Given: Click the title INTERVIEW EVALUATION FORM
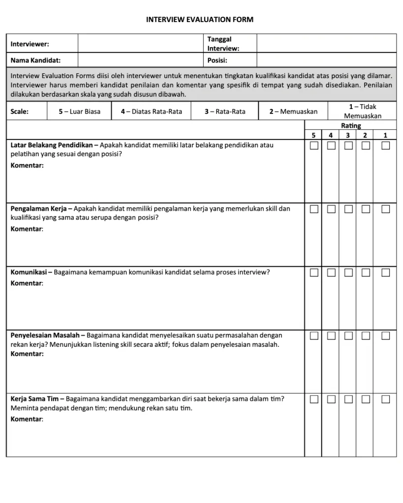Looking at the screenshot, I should click(x=200, y=20).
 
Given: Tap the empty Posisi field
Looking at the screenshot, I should click(x=326, y=60).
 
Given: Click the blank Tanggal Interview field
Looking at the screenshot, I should click(x=326, y=43).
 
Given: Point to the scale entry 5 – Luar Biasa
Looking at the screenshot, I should click(x=79, y=112).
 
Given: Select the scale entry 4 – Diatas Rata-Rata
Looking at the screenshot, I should click(x=151, y=112).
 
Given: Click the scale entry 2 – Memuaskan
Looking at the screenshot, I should click(x=293, y=112).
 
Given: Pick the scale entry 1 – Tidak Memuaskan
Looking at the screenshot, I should click(x=363, y=112).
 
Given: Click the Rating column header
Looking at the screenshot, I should click(x=351, y=126).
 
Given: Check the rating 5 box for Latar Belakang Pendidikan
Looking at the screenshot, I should click(x=314, y=145).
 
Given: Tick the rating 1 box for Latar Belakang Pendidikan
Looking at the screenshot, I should click(x=386, y=145).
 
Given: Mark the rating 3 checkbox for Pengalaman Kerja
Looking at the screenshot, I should click(x=349, y=209).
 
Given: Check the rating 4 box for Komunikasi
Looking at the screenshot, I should click(x=332, y=272).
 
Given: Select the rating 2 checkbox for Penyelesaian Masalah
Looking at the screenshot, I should click(x=366, y=335).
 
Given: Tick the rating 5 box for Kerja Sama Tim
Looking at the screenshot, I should click(x=314, y=399).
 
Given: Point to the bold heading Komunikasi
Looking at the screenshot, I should click(x=29, y=272).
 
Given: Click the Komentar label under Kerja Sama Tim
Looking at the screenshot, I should click(x=27, y=419).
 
